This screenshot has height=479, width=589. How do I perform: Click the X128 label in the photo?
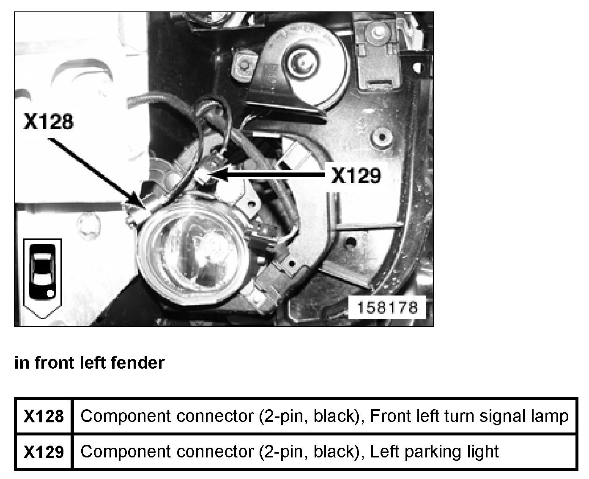click(49, 121)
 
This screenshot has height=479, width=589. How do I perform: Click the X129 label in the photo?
click(356, 175)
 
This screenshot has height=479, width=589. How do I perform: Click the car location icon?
click(43, 277)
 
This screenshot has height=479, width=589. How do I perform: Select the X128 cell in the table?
click(44, 417)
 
